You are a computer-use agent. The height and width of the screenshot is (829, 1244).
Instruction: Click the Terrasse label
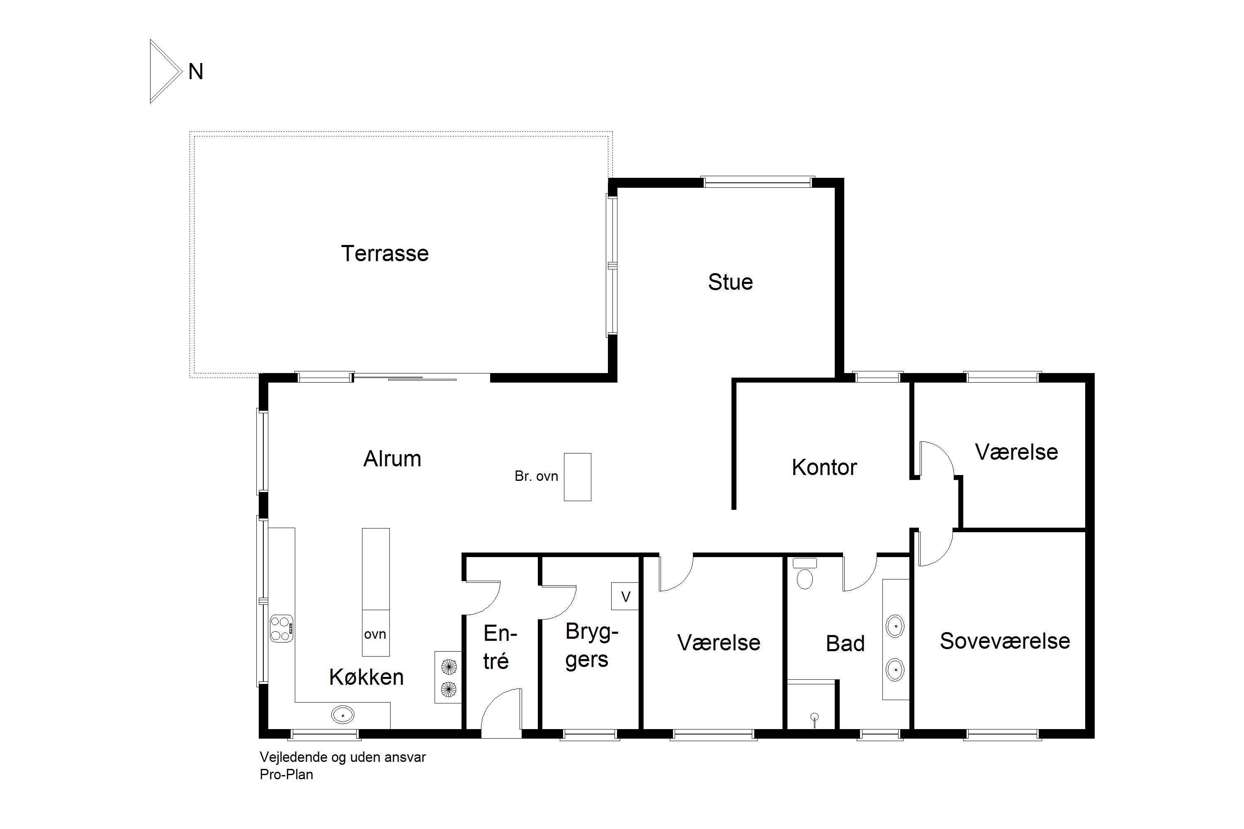point(384,253)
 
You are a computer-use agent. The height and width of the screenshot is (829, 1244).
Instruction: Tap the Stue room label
point(730,282)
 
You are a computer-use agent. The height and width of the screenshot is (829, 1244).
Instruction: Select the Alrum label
point(392,458)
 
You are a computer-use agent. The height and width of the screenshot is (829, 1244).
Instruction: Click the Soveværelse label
point(1005,641)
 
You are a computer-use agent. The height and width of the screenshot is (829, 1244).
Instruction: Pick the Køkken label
point(366,677)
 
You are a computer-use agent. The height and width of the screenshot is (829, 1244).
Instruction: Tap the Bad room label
point(845,643)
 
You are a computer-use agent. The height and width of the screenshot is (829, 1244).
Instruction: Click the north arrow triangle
point(165,71)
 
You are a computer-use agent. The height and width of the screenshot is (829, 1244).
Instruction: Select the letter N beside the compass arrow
point(196,72)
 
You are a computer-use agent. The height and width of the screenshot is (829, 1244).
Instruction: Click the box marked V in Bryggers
point(625,596)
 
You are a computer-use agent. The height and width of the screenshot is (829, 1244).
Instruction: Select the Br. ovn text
point(536,476)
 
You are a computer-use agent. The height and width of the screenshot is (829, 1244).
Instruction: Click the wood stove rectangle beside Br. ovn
point(578,477)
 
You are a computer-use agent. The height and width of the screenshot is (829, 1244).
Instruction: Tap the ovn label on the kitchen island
point(375,634)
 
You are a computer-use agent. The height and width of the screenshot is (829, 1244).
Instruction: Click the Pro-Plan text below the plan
point(286,775)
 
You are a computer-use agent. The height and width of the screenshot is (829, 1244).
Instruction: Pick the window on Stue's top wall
point(758,182)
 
